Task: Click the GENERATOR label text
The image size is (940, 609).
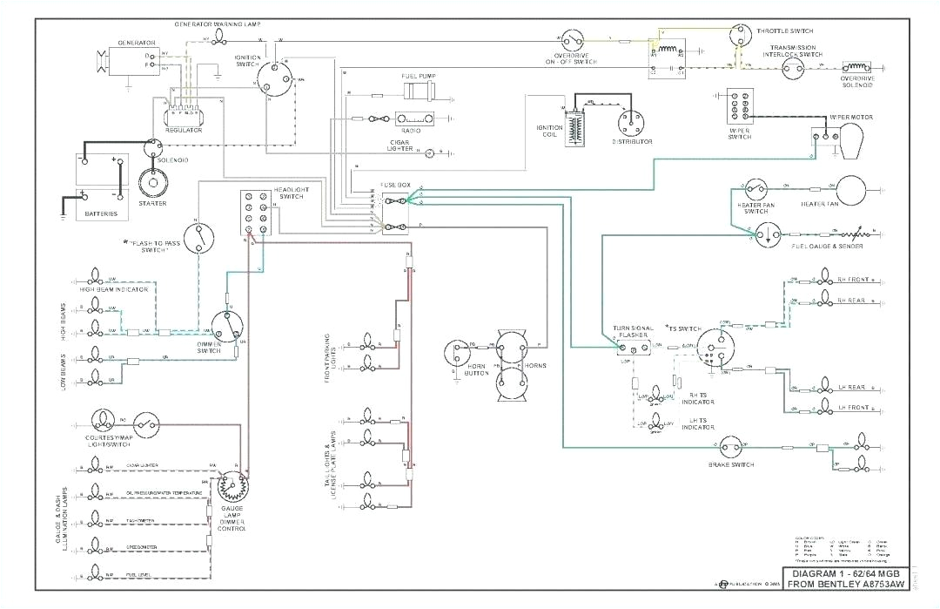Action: [x=137, y=43]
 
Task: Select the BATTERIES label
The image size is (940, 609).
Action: [x=100, y=214]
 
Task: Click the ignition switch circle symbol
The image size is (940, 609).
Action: [x=272, y=79]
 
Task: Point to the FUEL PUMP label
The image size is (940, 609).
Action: [x=418, y=76]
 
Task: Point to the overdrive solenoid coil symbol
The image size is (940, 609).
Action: [x=856, y=67]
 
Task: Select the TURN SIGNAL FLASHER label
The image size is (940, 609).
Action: [x=633, y=333]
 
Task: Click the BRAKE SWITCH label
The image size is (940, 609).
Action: [x=731, y=464]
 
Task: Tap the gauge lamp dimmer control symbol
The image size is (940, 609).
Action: [x=232, y=485]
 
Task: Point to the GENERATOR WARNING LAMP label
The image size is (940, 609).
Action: [x=217, y=24]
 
